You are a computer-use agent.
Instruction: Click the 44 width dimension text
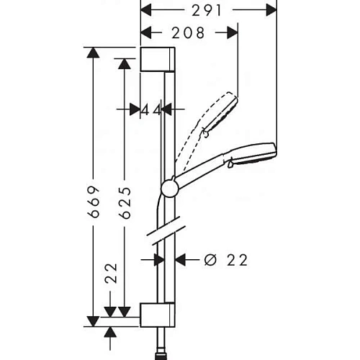click(x=151, y=109)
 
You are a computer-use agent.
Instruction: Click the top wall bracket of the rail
click(x=157, y=60)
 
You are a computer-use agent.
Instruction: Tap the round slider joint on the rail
click(x=170, y=188)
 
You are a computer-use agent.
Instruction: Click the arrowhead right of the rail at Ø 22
click(x=181, y=260)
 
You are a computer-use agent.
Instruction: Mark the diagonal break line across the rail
click(x=166, y=233)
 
